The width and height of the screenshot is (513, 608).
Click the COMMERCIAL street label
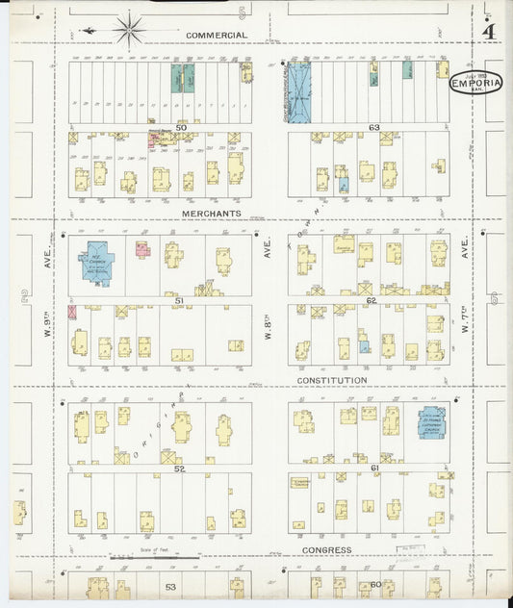217,35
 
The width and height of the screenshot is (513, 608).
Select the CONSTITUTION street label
332,380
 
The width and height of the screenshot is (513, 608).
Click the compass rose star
128,29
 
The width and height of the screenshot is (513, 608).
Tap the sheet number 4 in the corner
489,31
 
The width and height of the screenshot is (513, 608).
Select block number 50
180,127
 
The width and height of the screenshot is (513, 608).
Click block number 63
373,127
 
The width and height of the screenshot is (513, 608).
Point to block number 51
178,300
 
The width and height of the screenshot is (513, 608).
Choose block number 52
179,468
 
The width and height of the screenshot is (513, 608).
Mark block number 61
373,468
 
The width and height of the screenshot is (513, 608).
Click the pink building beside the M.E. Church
143,250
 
